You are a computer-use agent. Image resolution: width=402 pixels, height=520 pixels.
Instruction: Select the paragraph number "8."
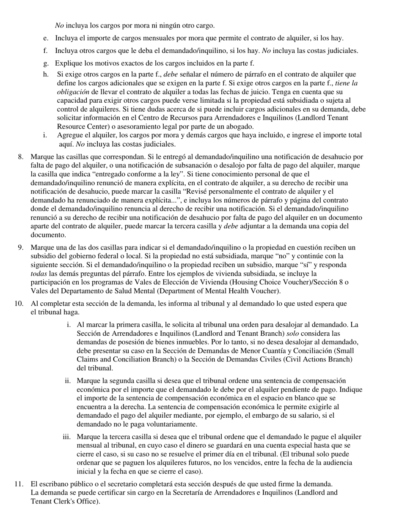point(21,157)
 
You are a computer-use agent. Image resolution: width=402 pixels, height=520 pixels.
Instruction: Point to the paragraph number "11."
point(19,484)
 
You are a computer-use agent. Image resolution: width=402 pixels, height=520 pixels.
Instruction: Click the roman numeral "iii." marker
point(67,437)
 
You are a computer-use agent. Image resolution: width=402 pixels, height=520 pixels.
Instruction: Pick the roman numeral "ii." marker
point(68,380)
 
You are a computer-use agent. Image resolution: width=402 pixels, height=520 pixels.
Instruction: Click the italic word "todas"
point(39,274)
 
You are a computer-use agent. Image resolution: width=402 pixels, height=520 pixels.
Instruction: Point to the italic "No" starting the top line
point(59,26)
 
